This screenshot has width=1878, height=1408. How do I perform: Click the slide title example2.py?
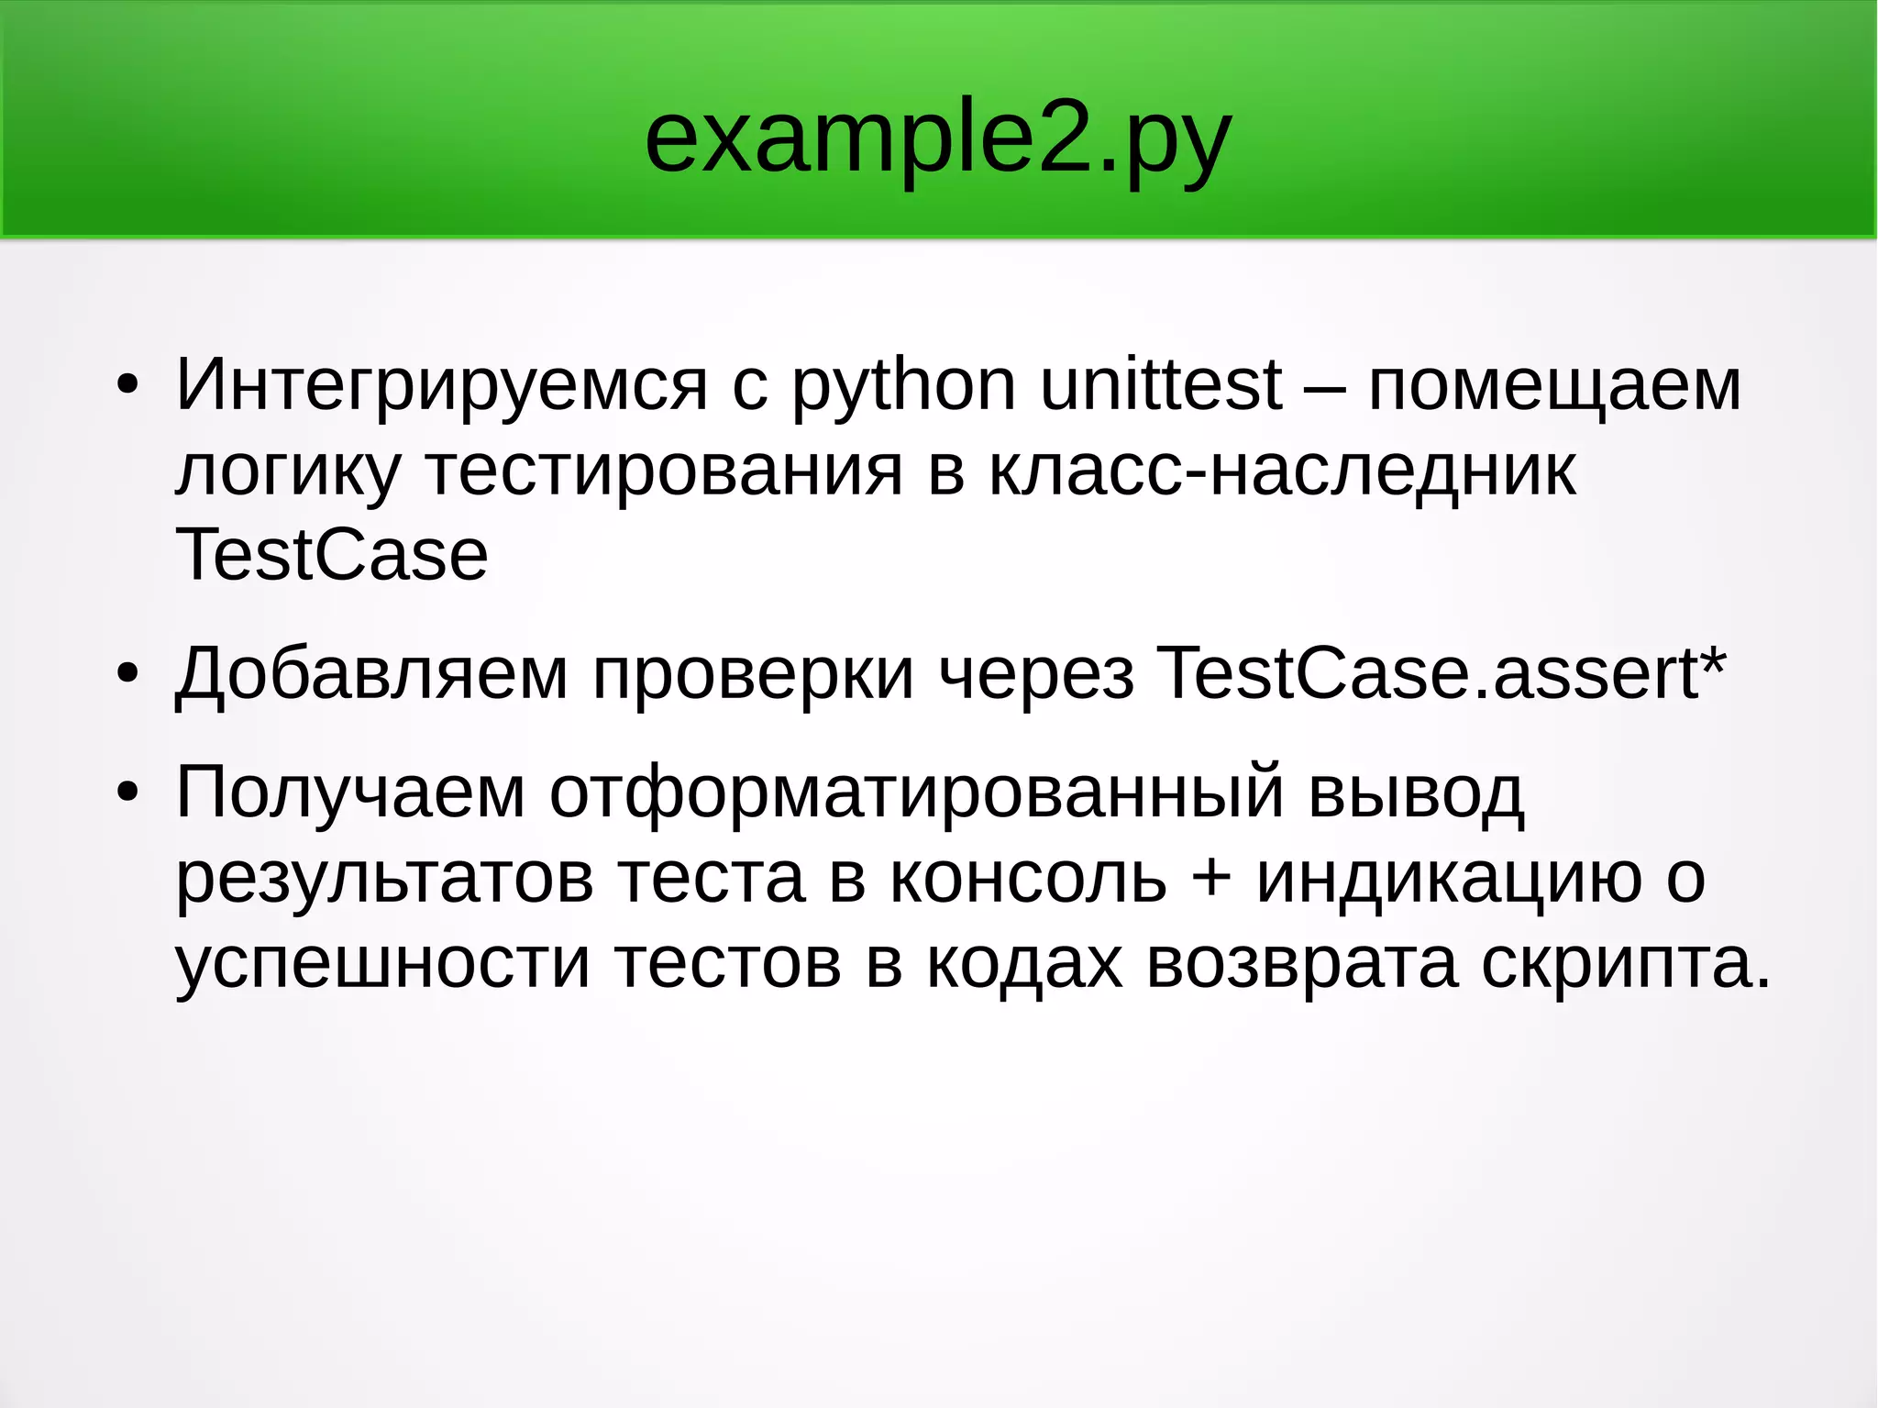937,140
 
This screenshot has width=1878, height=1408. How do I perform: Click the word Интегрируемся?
441,385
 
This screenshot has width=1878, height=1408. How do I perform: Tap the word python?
903,385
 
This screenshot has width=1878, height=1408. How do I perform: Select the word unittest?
1161,385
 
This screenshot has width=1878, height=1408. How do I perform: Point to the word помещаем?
1554,385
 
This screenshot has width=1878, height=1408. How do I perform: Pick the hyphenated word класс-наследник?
1282,471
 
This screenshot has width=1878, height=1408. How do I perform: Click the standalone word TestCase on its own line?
331,556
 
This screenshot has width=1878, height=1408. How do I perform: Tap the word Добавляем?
371,675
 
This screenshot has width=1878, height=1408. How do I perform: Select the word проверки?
753,675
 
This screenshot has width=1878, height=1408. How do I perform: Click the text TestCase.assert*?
1441,675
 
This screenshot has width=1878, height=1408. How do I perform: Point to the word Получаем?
350,793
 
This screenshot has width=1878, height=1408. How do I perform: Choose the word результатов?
384,878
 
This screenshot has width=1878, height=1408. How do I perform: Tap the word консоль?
1028,878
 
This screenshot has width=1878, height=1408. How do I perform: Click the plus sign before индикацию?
1211,879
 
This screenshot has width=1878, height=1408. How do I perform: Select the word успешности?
382,963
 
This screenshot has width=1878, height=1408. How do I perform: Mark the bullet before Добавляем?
127,675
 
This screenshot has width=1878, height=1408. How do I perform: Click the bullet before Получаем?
127,793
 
